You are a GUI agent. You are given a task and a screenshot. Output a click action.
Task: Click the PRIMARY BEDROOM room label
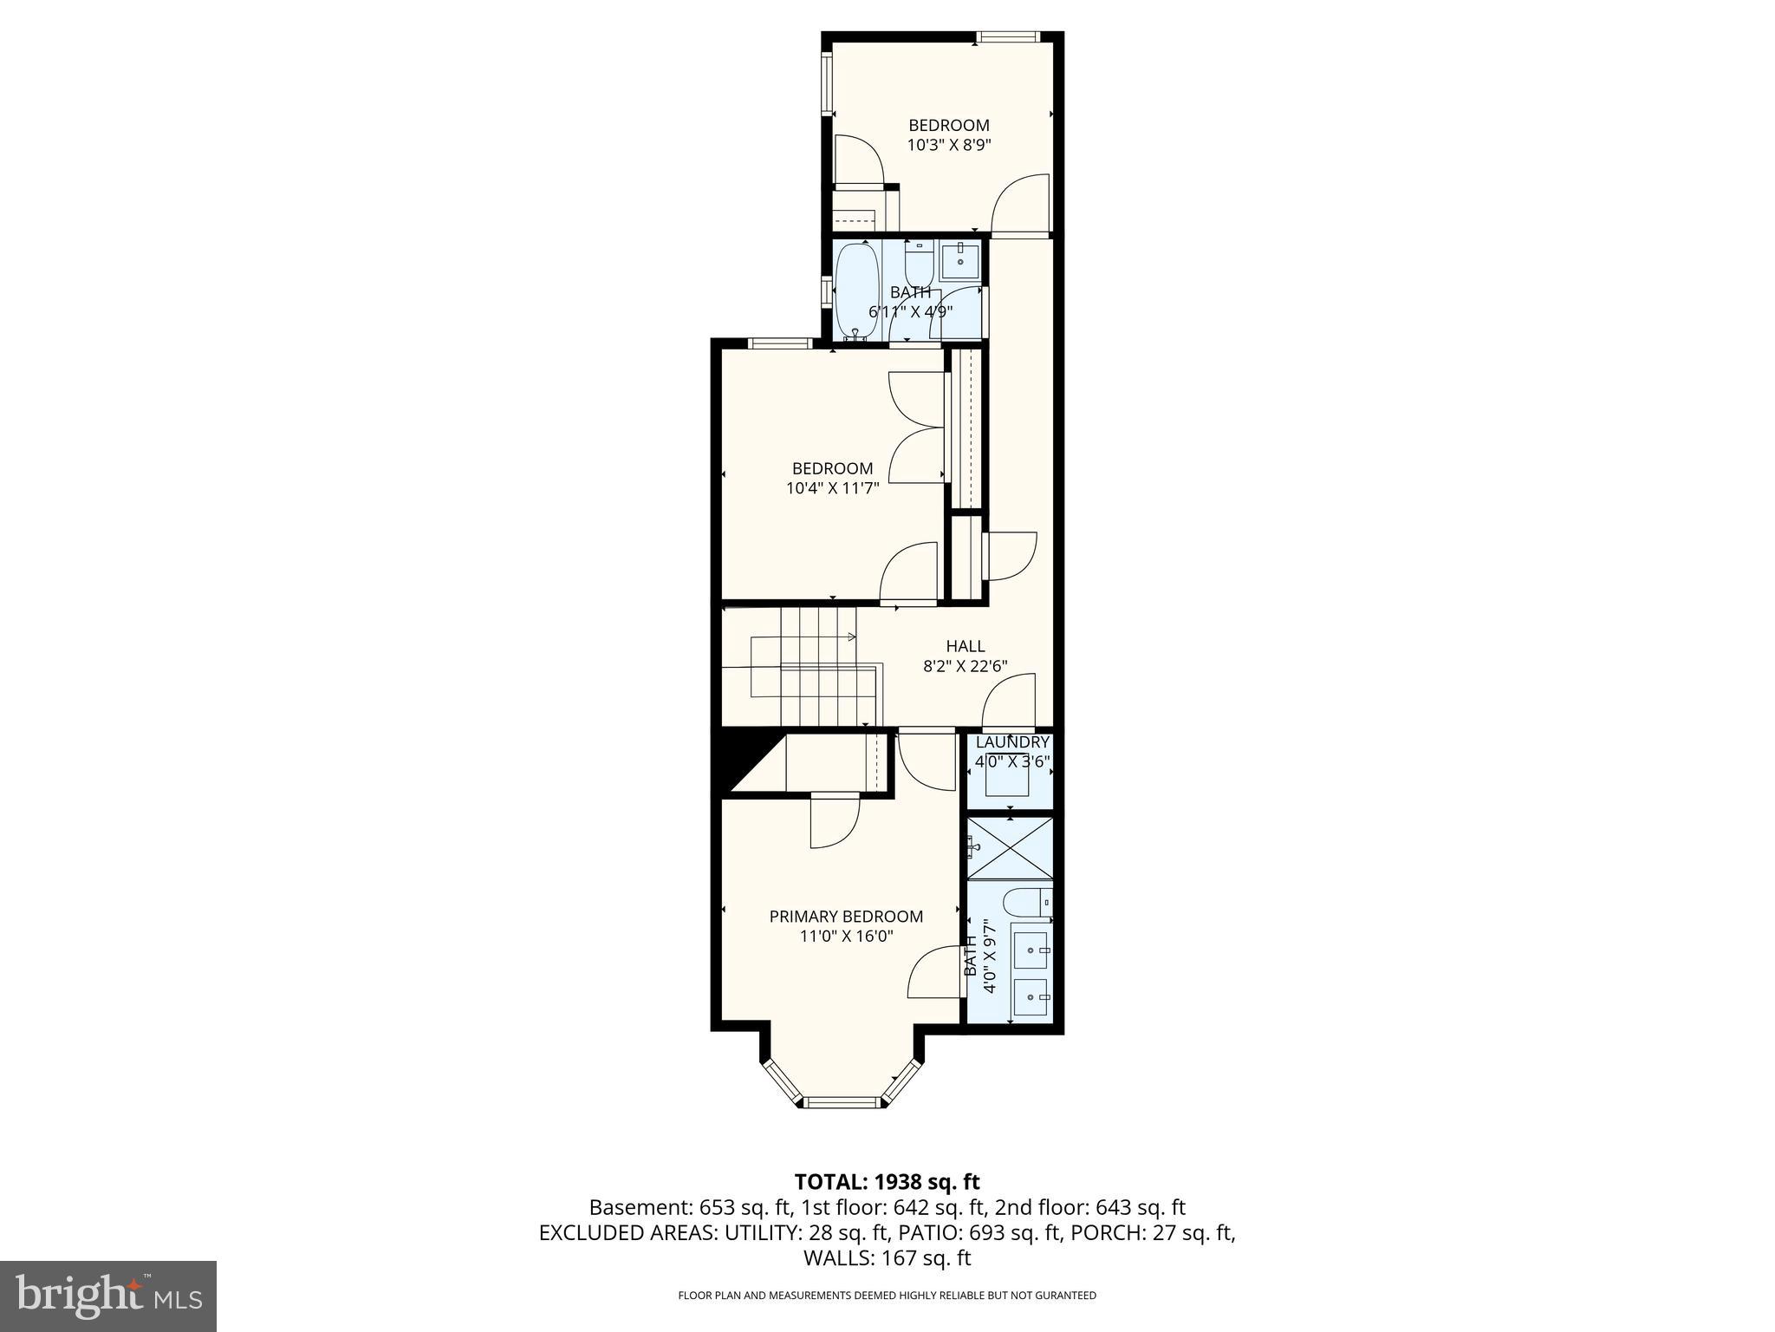tap(846, 917)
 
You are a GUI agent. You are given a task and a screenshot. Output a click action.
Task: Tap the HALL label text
tap(966, 646)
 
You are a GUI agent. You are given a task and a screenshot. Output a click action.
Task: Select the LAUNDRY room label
tap(1012, 742)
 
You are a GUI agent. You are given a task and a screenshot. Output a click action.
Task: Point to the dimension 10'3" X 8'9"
tap(949, 146)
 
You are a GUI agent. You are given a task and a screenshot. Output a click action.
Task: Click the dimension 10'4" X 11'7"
tap(833, 488)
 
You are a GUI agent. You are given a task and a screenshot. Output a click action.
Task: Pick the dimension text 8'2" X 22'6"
tap(966, 666)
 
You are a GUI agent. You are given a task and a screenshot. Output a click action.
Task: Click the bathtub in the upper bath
tap(857, 291)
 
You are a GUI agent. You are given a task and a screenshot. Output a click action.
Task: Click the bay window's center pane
tap(842, 1102)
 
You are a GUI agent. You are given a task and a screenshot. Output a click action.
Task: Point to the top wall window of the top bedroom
tap(1006, 36)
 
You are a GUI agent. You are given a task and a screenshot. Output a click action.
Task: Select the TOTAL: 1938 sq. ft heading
tap(887, 1181)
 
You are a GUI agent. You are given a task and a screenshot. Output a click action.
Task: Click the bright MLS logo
tap(108, 1296)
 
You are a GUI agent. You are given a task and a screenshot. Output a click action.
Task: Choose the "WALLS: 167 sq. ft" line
tap(887, 1257)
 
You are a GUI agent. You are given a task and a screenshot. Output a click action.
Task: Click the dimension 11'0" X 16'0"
tap(846, 937)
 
